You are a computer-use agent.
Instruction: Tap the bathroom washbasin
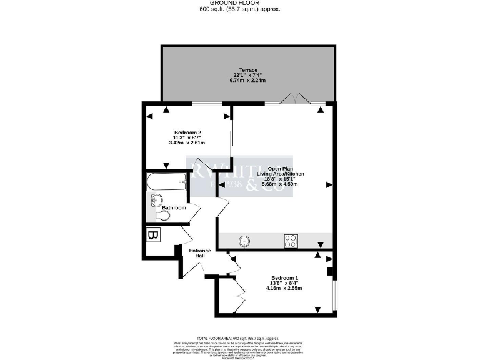[x=157, y=200]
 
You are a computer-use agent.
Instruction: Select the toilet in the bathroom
[x=163, y=215]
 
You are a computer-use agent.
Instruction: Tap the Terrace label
[x=248, y=69]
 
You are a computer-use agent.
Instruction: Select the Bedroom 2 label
[x=187, y=132]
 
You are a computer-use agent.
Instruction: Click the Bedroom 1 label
[x=284, y=277]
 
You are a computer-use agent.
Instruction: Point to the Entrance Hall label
[x=201, y=253]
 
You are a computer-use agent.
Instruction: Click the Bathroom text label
[x=174, y=207]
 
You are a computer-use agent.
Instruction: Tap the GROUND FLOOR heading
[x=239, y=3]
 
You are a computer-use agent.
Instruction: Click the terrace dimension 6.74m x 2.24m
[x=248, y=81]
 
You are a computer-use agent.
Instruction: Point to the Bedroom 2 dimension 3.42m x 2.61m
[x=187, y=142]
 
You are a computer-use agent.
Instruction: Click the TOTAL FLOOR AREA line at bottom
[x=239, y=337]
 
